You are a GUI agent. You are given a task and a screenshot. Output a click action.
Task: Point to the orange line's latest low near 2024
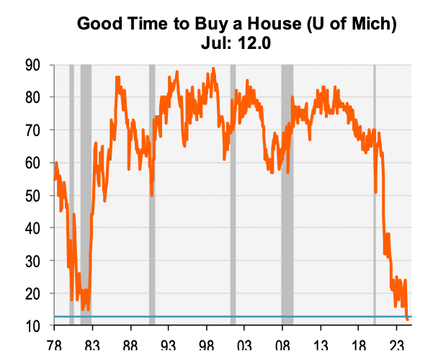click(408, 319)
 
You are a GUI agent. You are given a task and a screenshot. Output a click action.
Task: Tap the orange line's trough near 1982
click(84, 308)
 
